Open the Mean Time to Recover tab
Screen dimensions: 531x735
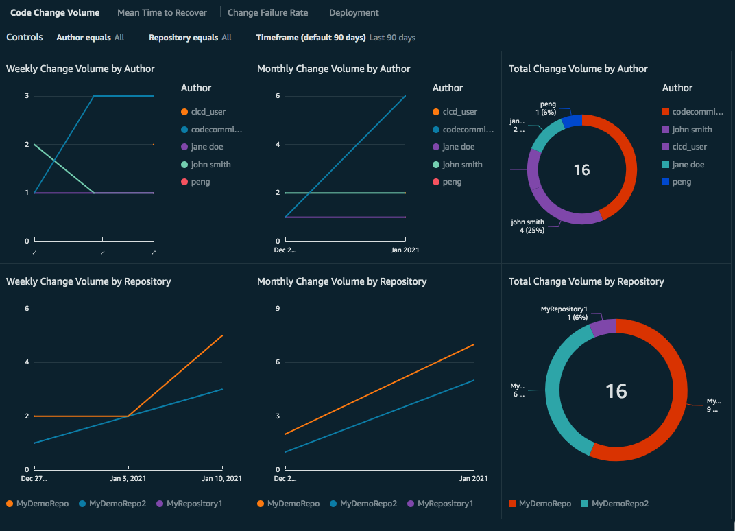point(162,12)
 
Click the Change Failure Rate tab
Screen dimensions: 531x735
point(267,12)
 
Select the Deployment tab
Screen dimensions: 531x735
point(354,12)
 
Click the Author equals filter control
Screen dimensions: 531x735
point(90,38)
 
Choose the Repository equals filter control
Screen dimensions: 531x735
point(190,38)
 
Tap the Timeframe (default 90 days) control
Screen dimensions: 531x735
point(335,38)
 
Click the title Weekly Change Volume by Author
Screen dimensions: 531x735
point(80,69)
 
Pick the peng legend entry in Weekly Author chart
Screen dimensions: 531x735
point(200,182)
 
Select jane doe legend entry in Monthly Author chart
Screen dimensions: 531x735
point(458,147)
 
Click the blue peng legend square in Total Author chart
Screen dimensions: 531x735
point(665,182)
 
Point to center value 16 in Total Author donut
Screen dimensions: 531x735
point(581,169)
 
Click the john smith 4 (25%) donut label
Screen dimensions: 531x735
point(527,226)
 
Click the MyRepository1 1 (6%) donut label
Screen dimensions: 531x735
point(564,314)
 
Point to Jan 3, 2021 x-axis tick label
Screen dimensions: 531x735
point(129,478)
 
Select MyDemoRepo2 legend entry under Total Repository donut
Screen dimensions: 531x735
point(620,504)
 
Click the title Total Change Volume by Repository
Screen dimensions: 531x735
point(586,281)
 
